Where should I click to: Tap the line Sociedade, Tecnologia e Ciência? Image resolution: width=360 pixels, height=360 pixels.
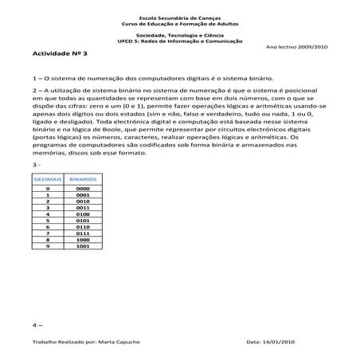click(180, 36)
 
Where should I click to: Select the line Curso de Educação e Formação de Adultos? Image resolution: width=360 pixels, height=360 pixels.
click(180, 24)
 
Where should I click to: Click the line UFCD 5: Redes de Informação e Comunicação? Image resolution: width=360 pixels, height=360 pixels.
click(180, 41)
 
